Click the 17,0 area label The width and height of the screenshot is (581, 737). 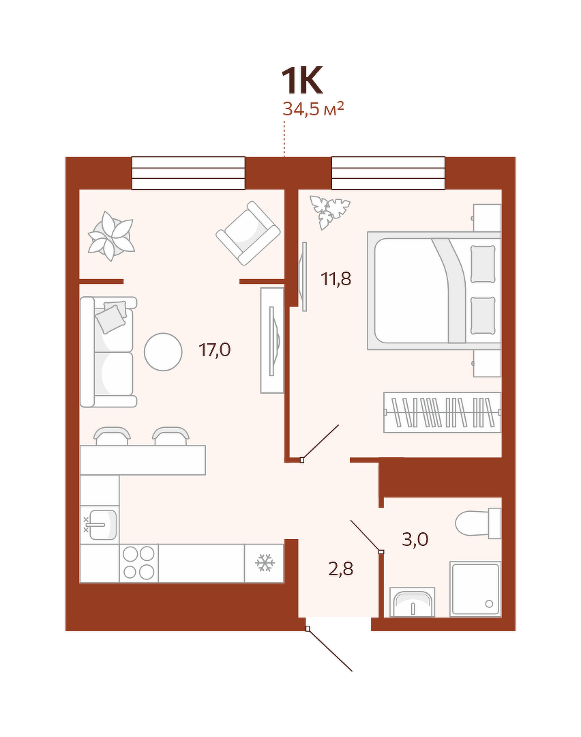point(215,350)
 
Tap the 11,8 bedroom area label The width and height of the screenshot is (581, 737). point(336,279)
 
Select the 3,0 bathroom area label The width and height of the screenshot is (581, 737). point(415,539)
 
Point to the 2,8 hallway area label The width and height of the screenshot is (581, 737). point(340,569)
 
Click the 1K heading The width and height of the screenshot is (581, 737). point(302,81)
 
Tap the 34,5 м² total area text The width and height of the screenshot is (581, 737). point(313,109)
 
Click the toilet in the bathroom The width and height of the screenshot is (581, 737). point(478,523)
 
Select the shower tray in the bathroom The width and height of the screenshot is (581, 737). point(475,589)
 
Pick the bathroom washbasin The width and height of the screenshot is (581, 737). point(413,602)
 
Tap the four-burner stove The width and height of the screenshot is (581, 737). point(138,563)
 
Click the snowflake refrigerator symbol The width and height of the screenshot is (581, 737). point(265,563)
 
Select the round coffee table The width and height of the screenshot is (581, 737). point(163,351)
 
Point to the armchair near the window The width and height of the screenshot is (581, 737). point(248,233)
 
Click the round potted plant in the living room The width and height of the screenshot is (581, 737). point(111,236)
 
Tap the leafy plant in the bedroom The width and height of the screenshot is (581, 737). point(329,212)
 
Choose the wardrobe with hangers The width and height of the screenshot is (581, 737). point(443,412)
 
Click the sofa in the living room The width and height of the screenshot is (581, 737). point(108,351)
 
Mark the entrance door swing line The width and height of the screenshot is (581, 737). point(330,650)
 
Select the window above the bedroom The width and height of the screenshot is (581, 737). point(389,173)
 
